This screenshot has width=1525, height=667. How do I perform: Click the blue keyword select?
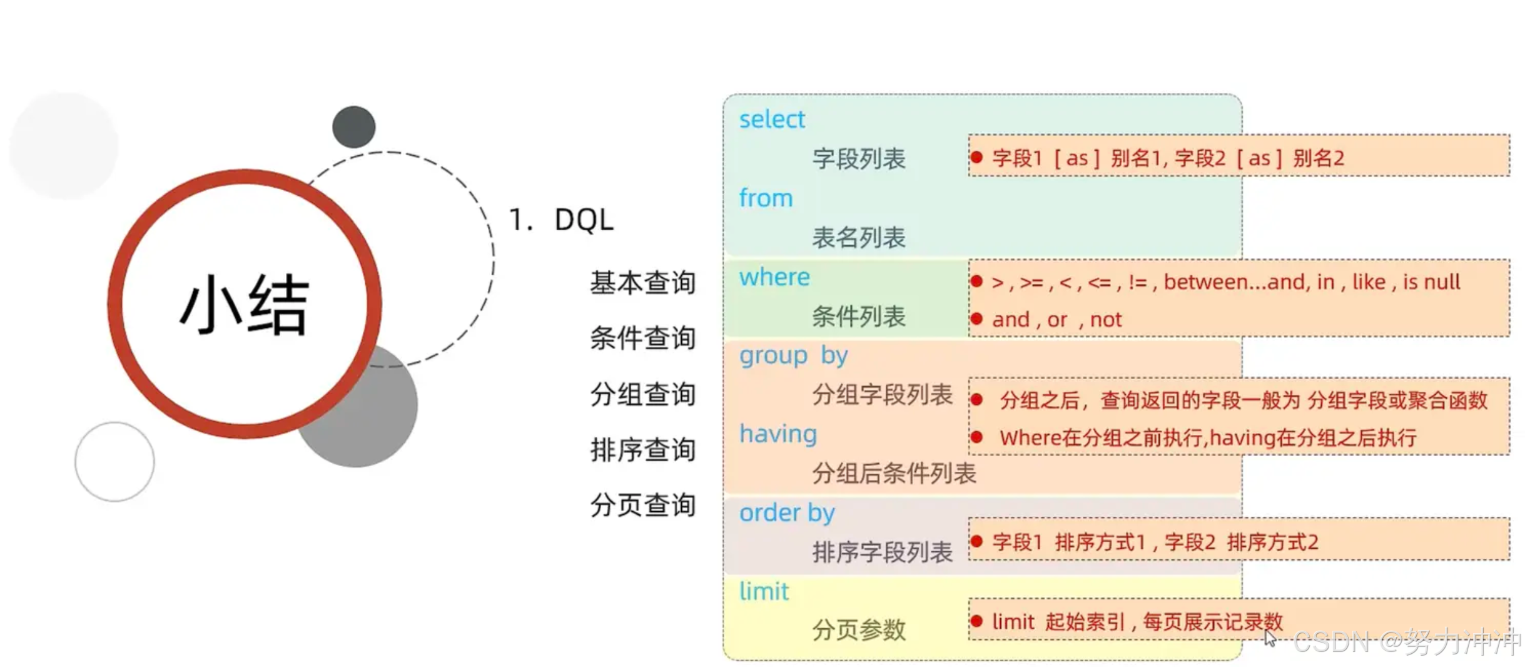[771, 119]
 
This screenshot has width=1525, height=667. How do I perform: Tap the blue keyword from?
[766, 198]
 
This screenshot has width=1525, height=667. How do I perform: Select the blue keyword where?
[774, 277]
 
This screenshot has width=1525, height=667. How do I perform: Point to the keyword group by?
[793, 355]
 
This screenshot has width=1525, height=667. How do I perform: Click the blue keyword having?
[778, 434]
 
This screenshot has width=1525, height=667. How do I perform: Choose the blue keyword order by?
[787, 513]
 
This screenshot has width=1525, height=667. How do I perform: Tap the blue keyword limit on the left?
[764, 591]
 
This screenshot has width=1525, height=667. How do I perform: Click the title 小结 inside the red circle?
[245, 305]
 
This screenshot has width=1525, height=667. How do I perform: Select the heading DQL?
[584, 220]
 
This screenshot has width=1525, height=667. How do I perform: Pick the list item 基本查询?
[642, 283]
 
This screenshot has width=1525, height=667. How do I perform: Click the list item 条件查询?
[642, 339]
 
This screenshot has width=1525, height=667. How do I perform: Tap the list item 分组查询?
[642, 394]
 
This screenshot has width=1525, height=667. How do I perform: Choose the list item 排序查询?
[642, 450]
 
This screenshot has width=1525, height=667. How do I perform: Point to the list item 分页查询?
[642, 505]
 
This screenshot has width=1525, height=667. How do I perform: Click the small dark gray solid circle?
[354, 127]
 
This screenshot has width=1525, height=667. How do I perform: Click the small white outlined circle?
[114, 462]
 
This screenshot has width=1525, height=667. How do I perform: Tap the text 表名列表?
[858, 238]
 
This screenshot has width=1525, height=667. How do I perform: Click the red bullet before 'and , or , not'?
[976, 319]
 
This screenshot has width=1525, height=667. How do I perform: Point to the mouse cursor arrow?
[1269, 638]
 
